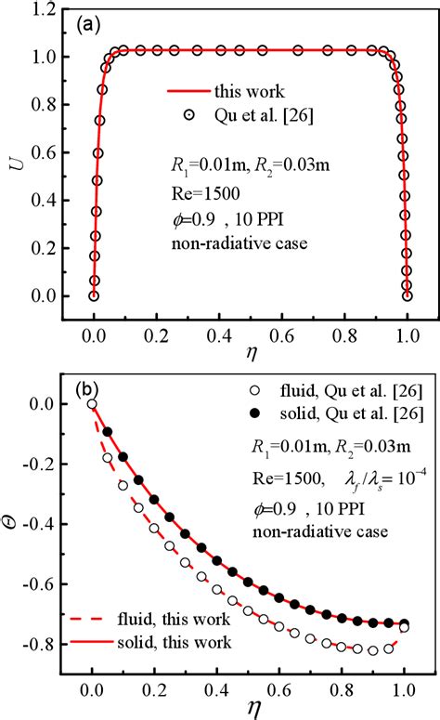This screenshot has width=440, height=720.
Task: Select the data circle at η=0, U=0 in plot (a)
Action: click(94, 295)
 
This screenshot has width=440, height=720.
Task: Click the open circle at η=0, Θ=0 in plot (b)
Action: click(91, 403)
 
